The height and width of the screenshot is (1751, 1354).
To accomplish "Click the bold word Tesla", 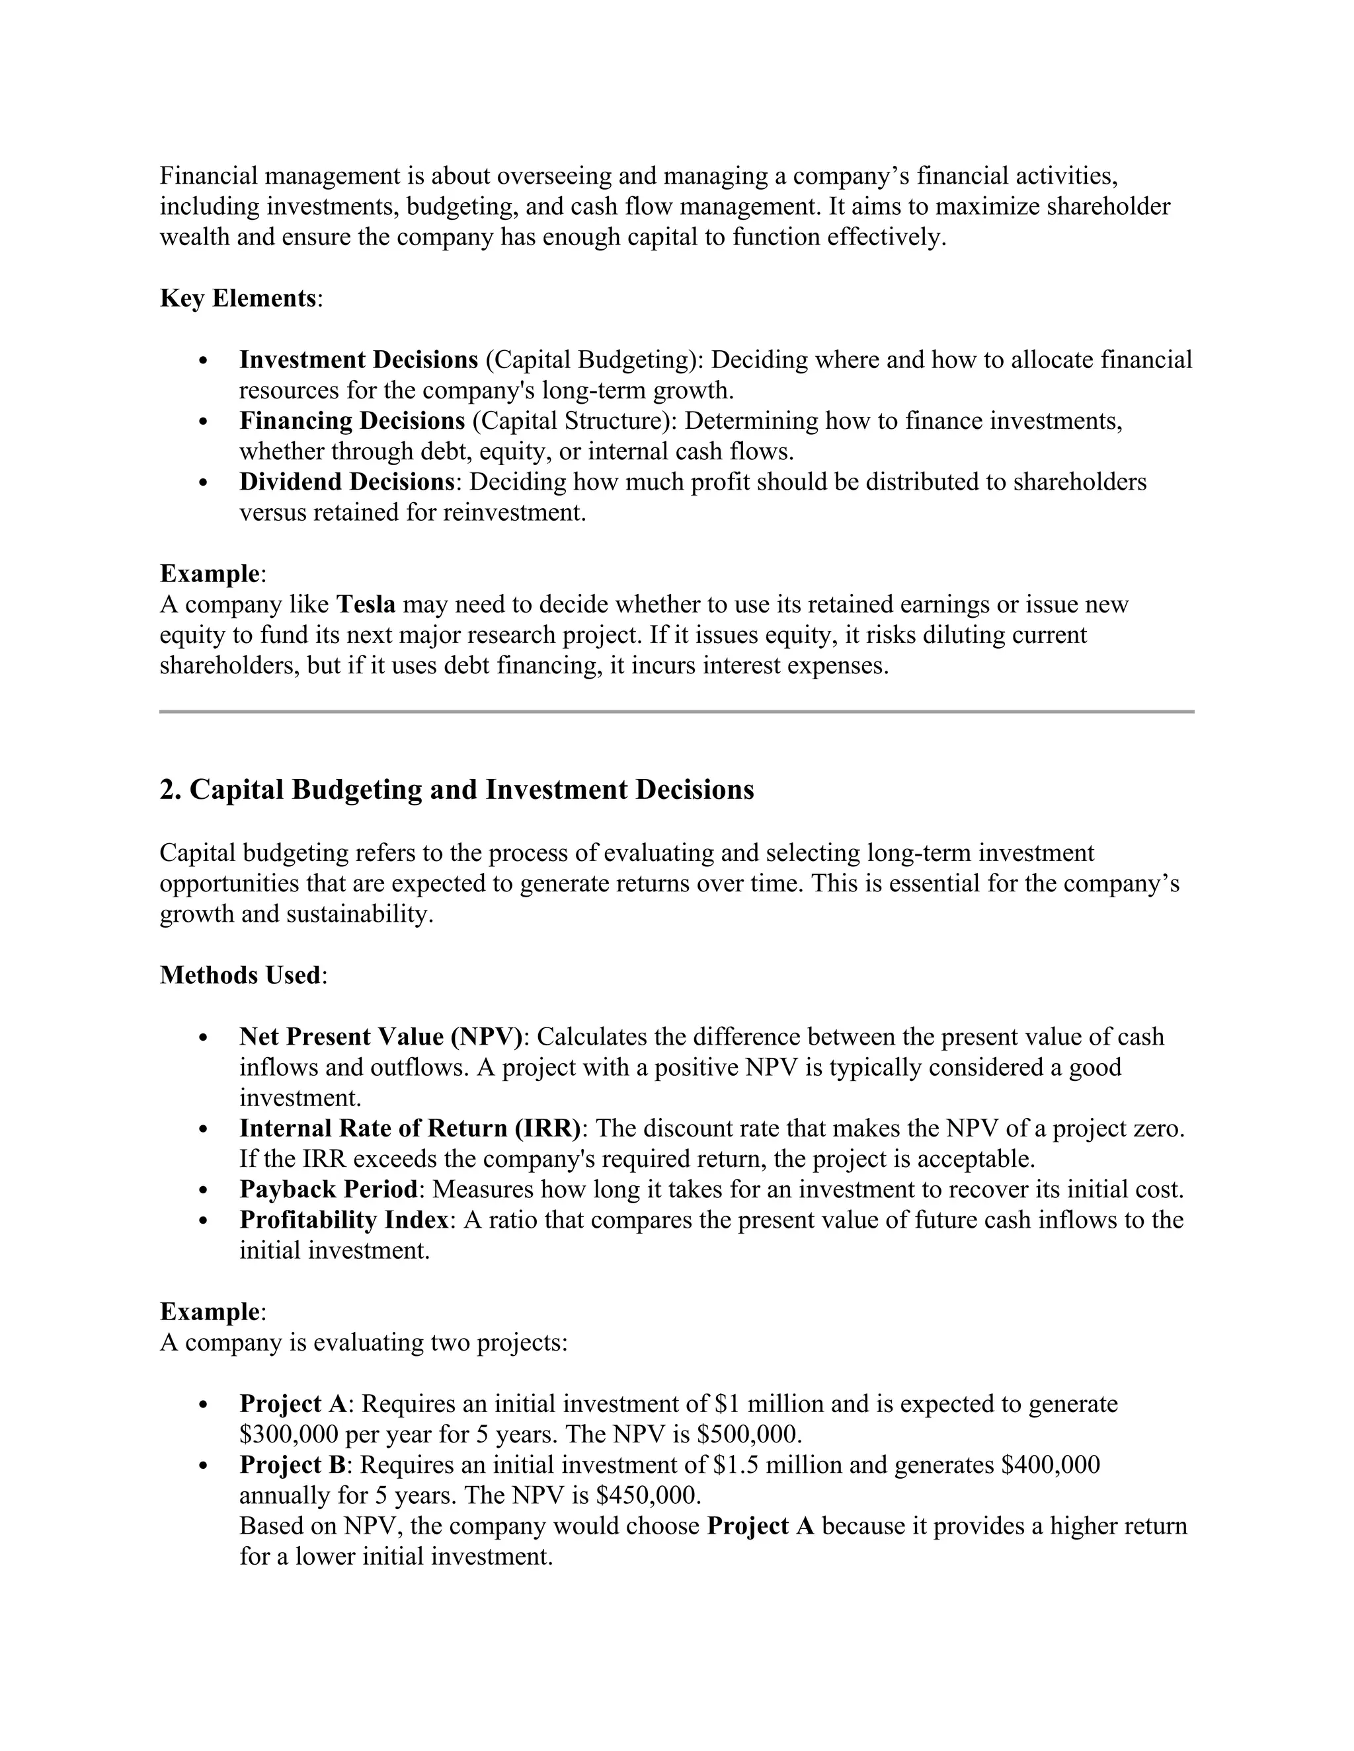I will [366, 605].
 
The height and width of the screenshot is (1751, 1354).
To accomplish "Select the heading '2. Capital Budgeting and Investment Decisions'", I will [456, 790].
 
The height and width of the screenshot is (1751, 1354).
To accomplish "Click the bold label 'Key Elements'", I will [238, 298].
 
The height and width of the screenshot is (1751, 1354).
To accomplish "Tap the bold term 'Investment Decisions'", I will [358, 360].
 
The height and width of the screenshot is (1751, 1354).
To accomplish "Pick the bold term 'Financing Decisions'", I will [352, 421].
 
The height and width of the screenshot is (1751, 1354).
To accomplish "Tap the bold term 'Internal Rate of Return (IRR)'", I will [410, 1128].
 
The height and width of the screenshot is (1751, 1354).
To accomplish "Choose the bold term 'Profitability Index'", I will [344, 1220].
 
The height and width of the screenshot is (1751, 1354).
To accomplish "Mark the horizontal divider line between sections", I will [676, 711].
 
